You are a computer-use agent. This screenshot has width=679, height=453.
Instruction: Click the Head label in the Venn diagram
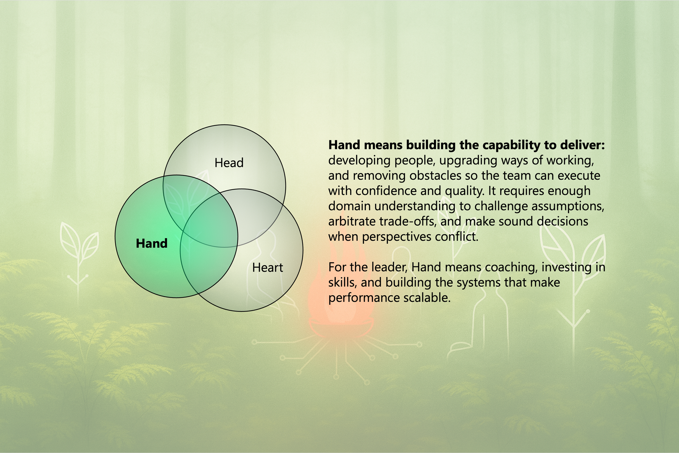pos(229,163)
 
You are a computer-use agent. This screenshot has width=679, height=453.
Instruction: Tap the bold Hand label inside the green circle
pos(152,243)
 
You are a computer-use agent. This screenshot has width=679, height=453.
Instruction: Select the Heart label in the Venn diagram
pos(267,268)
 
